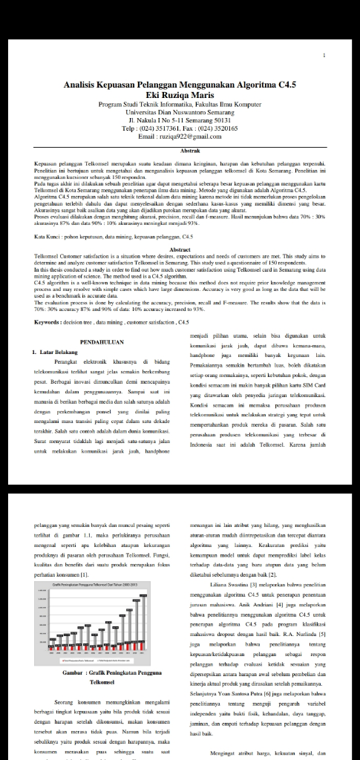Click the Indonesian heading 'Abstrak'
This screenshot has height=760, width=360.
(x=180, y=151)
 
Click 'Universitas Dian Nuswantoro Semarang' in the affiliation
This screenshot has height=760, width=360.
(x=180, y=112)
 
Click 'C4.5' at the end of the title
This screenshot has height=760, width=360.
(x=284, y=85)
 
